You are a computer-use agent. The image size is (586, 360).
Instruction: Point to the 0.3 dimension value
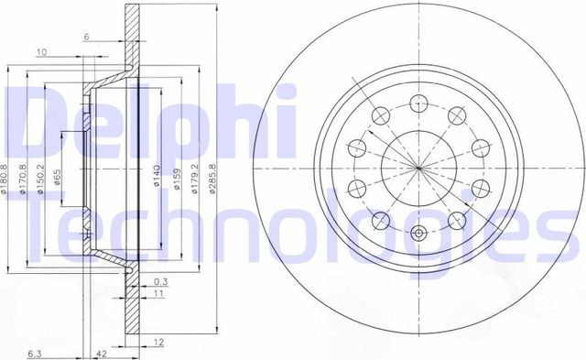coord(160,280)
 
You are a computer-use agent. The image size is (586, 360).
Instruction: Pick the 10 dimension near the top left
coord(41,52)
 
